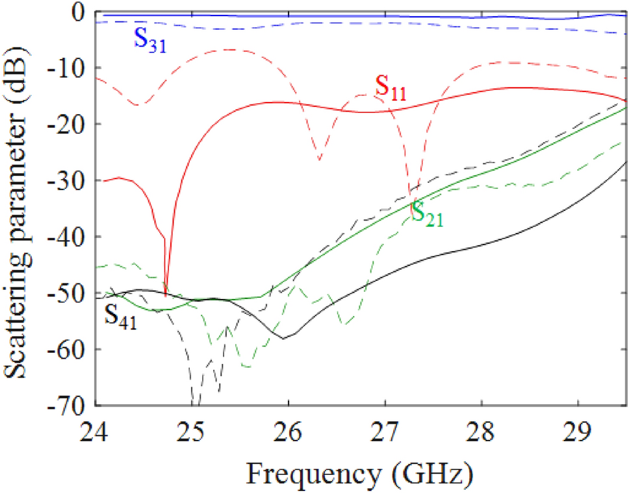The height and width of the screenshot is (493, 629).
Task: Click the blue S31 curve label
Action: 149,40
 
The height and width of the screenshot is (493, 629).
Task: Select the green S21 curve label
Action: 428,215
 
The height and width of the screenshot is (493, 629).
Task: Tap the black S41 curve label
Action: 121,317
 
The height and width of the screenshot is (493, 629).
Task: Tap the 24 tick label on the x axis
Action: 96,429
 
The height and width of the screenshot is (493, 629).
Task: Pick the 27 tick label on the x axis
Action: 385,429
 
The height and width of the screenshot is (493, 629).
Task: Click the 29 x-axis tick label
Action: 578,429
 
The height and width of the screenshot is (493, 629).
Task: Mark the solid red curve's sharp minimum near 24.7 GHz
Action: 166,293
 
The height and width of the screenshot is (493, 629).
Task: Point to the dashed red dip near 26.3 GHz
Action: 320,160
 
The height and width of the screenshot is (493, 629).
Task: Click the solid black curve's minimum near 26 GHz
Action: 283,338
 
